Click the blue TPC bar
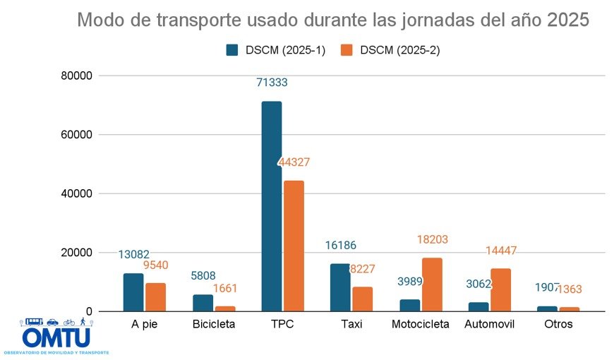point(272,206)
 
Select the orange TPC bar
point(294,246)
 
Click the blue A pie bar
point(133,292)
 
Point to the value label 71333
point(272,83)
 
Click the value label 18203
point(432,240)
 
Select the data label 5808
point(203,276)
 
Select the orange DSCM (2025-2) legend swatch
point(347,50)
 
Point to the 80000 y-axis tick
point(78,76)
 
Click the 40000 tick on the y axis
point(78,193)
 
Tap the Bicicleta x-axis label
point(213,325)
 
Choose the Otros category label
point(558,325)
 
